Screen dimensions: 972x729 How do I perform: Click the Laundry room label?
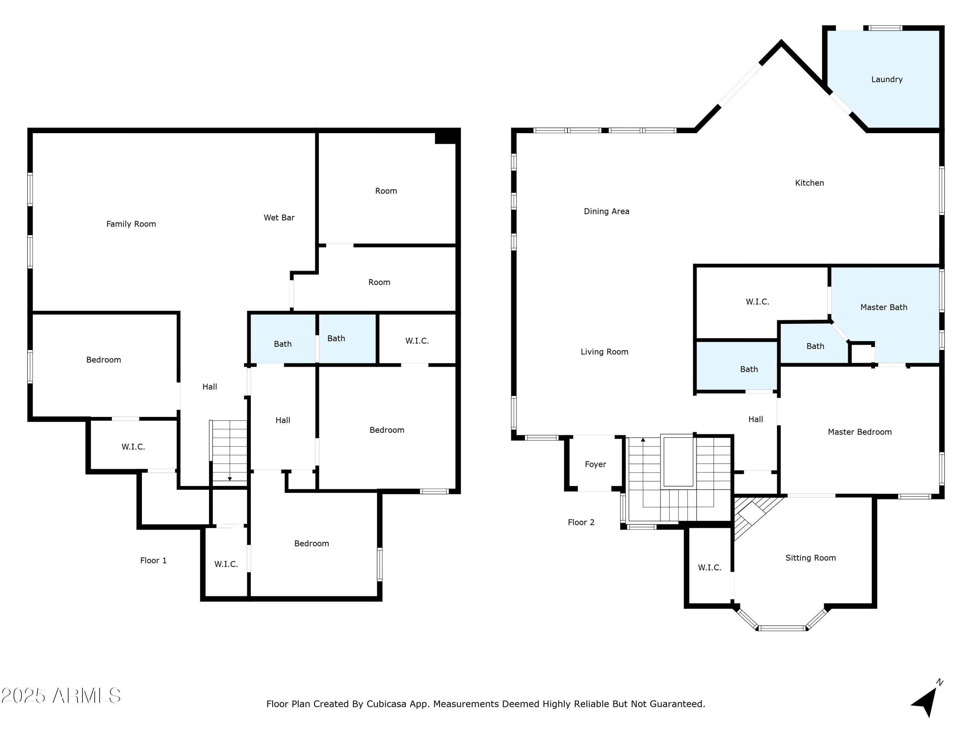coord(887,79)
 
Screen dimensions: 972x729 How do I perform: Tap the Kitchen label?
coord(809,183)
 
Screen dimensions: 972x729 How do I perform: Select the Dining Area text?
coord(607,211)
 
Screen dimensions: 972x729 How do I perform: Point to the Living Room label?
coord(604,352)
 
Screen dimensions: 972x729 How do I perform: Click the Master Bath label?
coord(884,307)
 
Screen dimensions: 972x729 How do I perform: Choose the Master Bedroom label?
coord(860,432)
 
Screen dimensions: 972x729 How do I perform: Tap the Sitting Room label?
coord(810,558)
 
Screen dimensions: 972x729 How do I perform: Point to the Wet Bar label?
coord(279,217)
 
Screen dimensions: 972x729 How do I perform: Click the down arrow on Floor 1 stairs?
coord(229,479)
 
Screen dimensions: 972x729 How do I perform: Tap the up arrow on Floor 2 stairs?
coord(643,439)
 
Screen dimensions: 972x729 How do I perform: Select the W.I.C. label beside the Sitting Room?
coord(709,567)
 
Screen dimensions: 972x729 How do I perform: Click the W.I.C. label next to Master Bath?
coord(757,301)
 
